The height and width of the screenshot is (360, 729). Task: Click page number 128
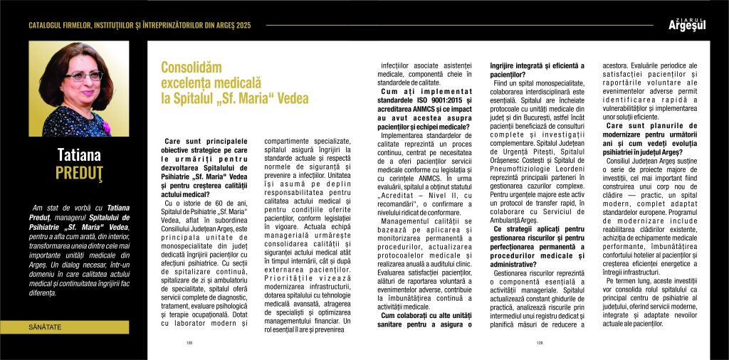coord(189,342)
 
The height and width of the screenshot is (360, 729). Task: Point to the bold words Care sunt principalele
coord(207,142)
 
